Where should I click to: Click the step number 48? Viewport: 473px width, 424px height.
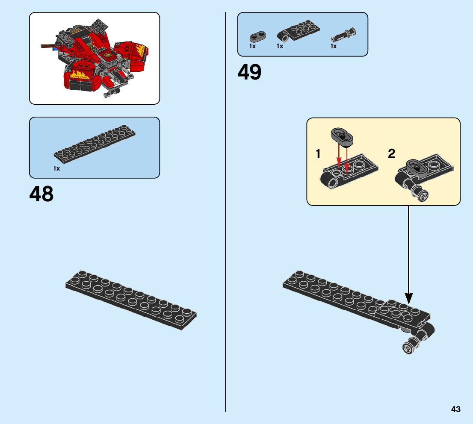pyautogui.click(x=41, y=194)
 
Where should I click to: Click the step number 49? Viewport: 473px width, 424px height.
pyautogui.click(x=249, y=73)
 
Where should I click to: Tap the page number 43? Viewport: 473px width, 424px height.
pyautogui.click(x=455, y=409)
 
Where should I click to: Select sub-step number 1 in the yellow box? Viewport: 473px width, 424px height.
pyautogui.click(x=318, y=154)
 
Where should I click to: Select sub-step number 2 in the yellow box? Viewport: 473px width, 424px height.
pyautogui.click(x=391, y=154)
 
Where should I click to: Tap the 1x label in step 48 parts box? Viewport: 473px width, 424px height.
pyautogui.click(x=56, y=168)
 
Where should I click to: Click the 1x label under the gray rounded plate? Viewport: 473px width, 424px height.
pyautogui.click(x=252, y=46)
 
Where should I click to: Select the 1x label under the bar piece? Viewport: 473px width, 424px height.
pyautogui.click(x=333, y=46)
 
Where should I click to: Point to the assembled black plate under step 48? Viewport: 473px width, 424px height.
pyautogui.click(x=130, y=299)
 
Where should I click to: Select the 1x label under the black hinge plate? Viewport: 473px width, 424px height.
pyautogui.click(x=280, y=46)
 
